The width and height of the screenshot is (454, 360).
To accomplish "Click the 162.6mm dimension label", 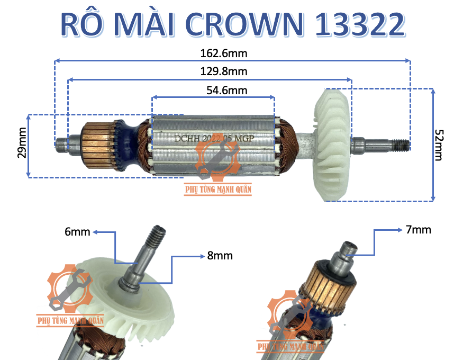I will tap(232, 53).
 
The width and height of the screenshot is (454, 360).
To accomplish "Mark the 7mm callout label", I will tap(419, 230).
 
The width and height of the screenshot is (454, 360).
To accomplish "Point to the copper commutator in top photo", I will tap(97, 142).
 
